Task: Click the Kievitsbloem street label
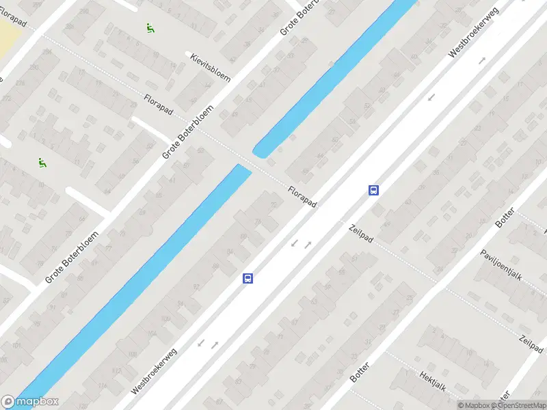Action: coord(211,66)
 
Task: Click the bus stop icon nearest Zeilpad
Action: coord(374,190)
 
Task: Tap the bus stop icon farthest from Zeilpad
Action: coord(248,278)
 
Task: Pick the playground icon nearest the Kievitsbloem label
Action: coord(149,28)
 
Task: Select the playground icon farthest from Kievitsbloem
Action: coord(42,163)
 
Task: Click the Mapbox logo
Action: coord(29,402)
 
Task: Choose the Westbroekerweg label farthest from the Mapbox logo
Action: coord(474,32)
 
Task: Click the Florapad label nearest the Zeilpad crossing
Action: coord(302,198)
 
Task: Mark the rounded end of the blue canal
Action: coord(259,150)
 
